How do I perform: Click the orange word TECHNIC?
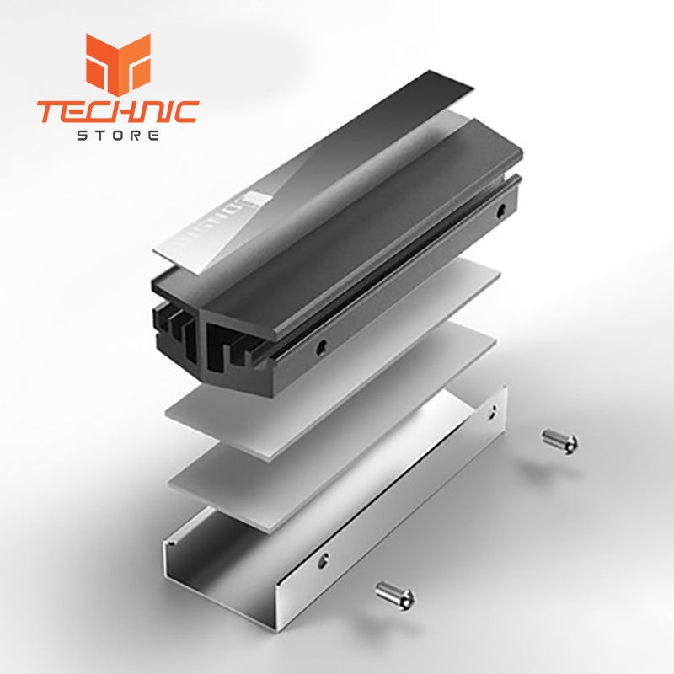[118, 111]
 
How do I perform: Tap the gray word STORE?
[118, 136]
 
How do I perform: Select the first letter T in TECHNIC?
[48, 111]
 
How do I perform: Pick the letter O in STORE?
[118, 136]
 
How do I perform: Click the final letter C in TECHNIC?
[187, 111]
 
